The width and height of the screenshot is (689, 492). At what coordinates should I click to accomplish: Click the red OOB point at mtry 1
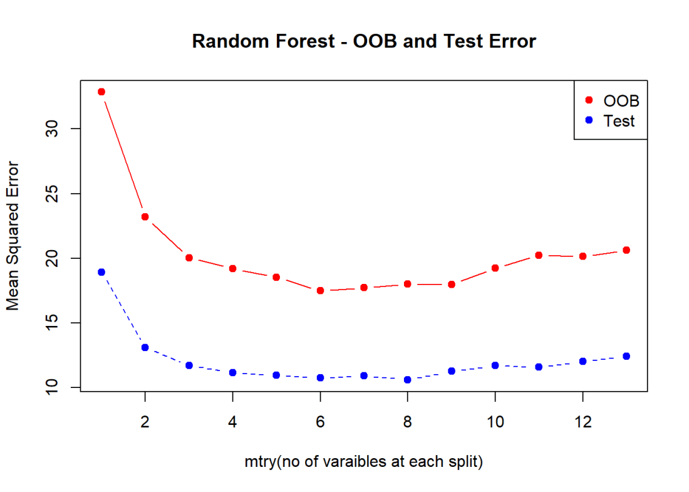coord(101,92)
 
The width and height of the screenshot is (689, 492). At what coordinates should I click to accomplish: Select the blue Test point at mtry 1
coord(101,272)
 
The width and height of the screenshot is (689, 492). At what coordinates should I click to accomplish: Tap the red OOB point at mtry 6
coord(320,291)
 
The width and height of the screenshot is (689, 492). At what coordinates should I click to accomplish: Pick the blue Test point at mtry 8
coord(407,379)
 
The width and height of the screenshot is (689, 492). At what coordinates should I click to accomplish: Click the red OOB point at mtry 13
coord(626,250)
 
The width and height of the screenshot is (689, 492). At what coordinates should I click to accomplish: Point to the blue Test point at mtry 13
coord(626,356)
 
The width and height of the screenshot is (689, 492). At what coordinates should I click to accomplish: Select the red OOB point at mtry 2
coord(145,217)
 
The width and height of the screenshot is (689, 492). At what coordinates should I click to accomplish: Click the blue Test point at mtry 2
coord(145,347)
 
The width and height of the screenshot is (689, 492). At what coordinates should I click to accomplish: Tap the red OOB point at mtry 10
coord(495,268)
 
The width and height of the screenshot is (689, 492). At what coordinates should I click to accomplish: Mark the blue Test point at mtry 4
coord(232,372)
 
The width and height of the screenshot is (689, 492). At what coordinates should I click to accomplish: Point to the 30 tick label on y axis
coord(52,129)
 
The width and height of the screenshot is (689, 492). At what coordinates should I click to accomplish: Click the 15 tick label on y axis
coord(52,323)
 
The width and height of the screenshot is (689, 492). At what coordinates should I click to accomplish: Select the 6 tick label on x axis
coord(320,422)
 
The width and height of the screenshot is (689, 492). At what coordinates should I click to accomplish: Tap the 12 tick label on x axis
coord(583,422)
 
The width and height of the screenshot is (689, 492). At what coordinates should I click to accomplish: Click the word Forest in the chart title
coord(306,41)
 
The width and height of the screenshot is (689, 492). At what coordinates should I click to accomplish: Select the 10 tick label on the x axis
coord(495,422)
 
